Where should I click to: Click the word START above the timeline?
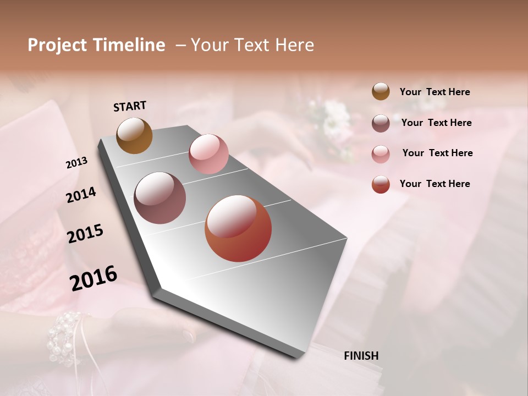(x=130, y=106)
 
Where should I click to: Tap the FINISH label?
(x=361, y=356)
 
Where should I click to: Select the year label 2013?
(x=76, y=163)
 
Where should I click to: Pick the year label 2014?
(x=81, y=195)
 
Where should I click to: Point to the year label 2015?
(x=85, y=234)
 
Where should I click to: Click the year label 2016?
(x=94, y=278)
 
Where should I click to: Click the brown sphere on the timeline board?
(x=134, y=135)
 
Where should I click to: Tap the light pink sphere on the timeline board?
(x=208, y=154)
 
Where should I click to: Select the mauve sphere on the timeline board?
(x=160, y=198)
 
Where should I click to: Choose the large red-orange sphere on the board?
(x=238, y=229)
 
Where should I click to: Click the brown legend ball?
(x=381, y=91)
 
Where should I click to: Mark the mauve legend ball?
(x=381, y=123)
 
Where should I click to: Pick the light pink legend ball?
(x=381, y=154)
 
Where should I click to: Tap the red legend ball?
(x=381, y=184)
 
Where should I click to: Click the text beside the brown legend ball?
(x=435, y=92)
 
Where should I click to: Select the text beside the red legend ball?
(x=435, y=184)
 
